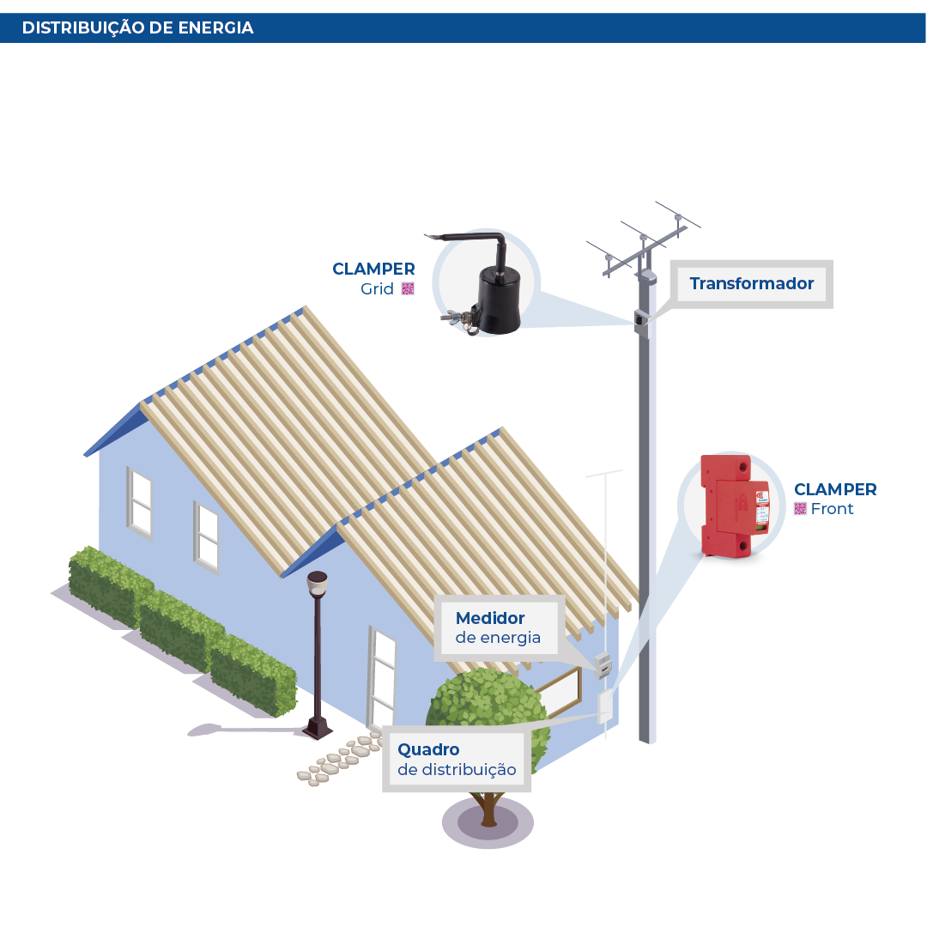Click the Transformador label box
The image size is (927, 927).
coord(751,283)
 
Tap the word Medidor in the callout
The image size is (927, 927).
coord(490,618)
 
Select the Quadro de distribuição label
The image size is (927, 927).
coord(457,760)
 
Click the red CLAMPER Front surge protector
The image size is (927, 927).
coord(734,506)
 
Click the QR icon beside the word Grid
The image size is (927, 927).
coord(408,288)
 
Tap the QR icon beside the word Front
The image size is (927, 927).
coord(800,509)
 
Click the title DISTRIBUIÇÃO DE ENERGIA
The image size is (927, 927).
coord(137,27)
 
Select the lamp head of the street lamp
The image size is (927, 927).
coord(318,584)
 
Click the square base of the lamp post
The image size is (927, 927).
coord(318,730)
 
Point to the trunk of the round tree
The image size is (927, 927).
coord(488,807)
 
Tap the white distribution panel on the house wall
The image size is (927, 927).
coord(606,706)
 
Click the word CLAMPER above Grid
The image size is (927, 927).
coord(373,269)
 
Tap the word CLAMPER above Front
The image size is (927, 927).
coord(835,489)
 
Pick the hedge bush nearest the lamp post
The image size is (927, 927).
coord(254,678)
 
